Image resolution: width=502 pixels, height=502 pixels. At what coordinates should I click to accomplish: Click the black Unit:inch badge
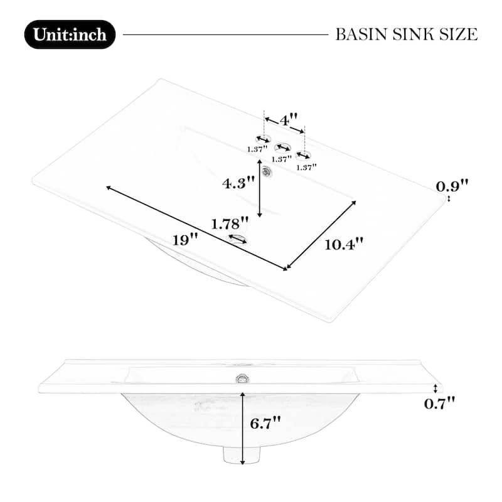click(x=70, y=35)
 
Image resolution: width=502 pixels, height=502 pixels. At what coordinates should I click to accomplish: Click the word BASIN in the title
click(x=361, y=35)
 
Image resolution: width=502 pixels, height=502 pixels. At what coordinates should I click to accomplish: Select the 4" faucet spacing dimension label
click(x=289, y=120)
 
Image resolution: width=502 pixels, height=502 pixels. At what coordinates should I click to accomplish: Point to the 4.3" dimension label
click(x=238, y=183)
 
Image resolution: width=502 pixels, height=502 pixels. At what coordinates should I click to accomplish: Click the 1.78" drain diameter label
click(x=230, y=223)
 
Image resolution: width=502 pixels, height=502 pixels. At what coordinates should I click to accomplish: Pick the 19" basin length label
click(x=185, y=240)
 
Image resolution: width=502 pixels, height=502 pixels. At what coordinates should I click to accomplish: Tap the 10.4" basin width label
click(x=344, y=245)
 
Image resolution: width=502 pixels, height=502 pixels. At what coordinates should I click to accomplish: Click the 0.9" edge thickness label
click(x=452, y=186)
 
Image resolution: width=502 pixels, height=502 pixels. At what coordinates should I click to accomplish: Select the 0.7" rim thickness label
click(x=439, y=403)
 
